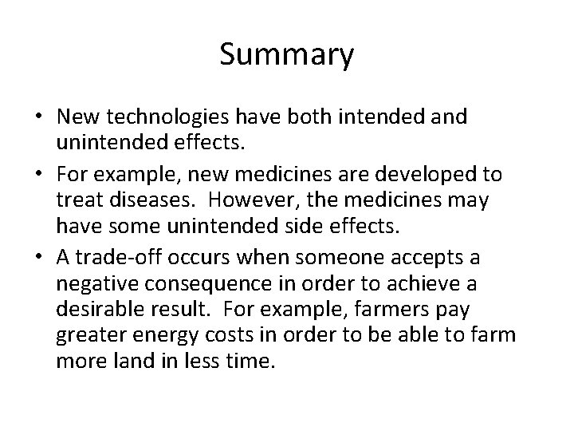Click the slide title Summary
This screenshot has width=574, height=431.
pyautogui.click(x=286, y=55)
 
